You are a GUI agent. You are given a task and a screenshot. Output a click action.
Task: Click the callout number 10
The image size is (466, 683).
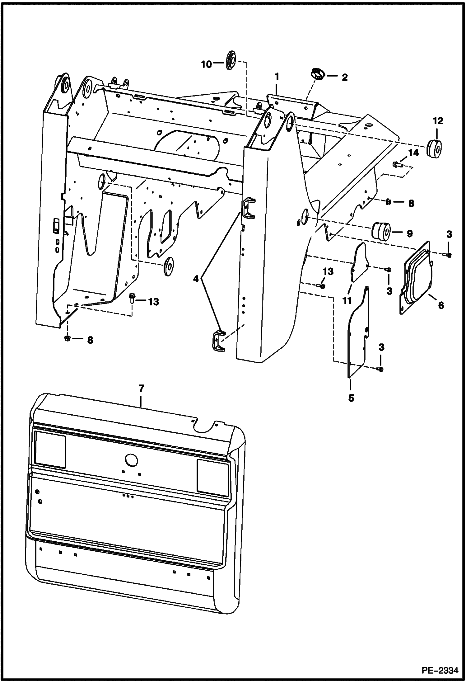206,64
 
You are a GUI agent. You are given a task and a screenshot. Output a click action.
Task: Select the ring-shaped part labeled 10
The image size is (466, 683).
231,59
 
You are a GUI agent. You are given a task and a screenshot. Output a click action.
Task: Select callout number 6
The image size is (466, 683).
440,305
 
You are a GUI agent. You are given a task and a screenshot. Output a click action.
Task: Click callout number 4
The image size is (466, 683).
195,279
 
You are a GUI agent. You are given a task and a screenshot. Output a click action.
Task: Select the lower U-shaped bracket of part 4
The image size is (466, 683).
219,341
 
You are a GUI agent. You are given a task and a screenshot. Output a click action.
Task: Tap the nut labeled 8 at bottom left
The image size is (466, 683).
68,338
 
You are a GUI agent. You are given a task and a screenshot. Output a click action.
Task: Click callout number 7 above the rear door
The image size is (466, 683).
141,389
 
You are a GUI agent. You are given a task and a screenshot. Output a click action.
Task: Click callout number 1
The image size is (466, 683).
277,76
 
